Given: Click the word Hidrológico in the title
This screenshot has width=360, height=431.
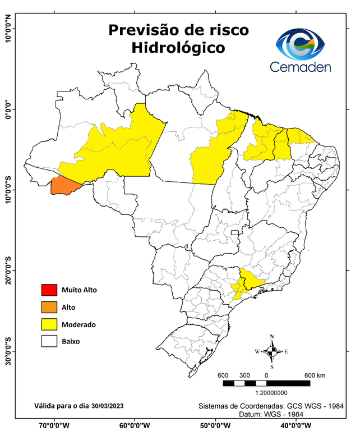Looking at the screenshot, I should [178, 48].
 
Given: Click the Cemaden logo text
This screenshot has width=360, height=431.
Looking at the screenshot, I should [301, 67].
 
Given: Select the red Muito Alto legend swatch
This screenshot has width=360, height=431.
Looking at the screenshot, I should [49, 290].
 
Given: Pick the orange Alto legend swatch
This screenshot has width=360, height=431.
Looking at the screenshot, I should [49, 307].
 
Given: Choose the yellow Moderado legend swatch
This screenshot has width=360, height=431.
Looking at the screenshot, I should [49, 324].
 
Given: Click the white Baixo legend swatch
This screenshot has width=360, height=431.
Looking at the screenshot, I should [49, 341].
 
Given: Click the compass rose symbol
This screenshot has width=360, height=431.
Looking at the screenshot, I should [272, 351].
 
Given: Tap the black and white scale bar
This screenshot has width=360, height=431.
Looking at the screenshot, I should [266, 383].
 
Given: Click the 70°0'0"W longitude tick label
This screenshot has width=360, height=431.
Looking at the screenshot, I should [54, 425].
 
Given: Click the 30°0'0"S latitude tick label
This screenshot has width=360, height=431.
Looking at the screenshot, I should [8, 351].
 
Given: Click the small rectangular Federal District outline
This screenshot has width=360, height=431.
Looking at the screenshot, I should [235, 232].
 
